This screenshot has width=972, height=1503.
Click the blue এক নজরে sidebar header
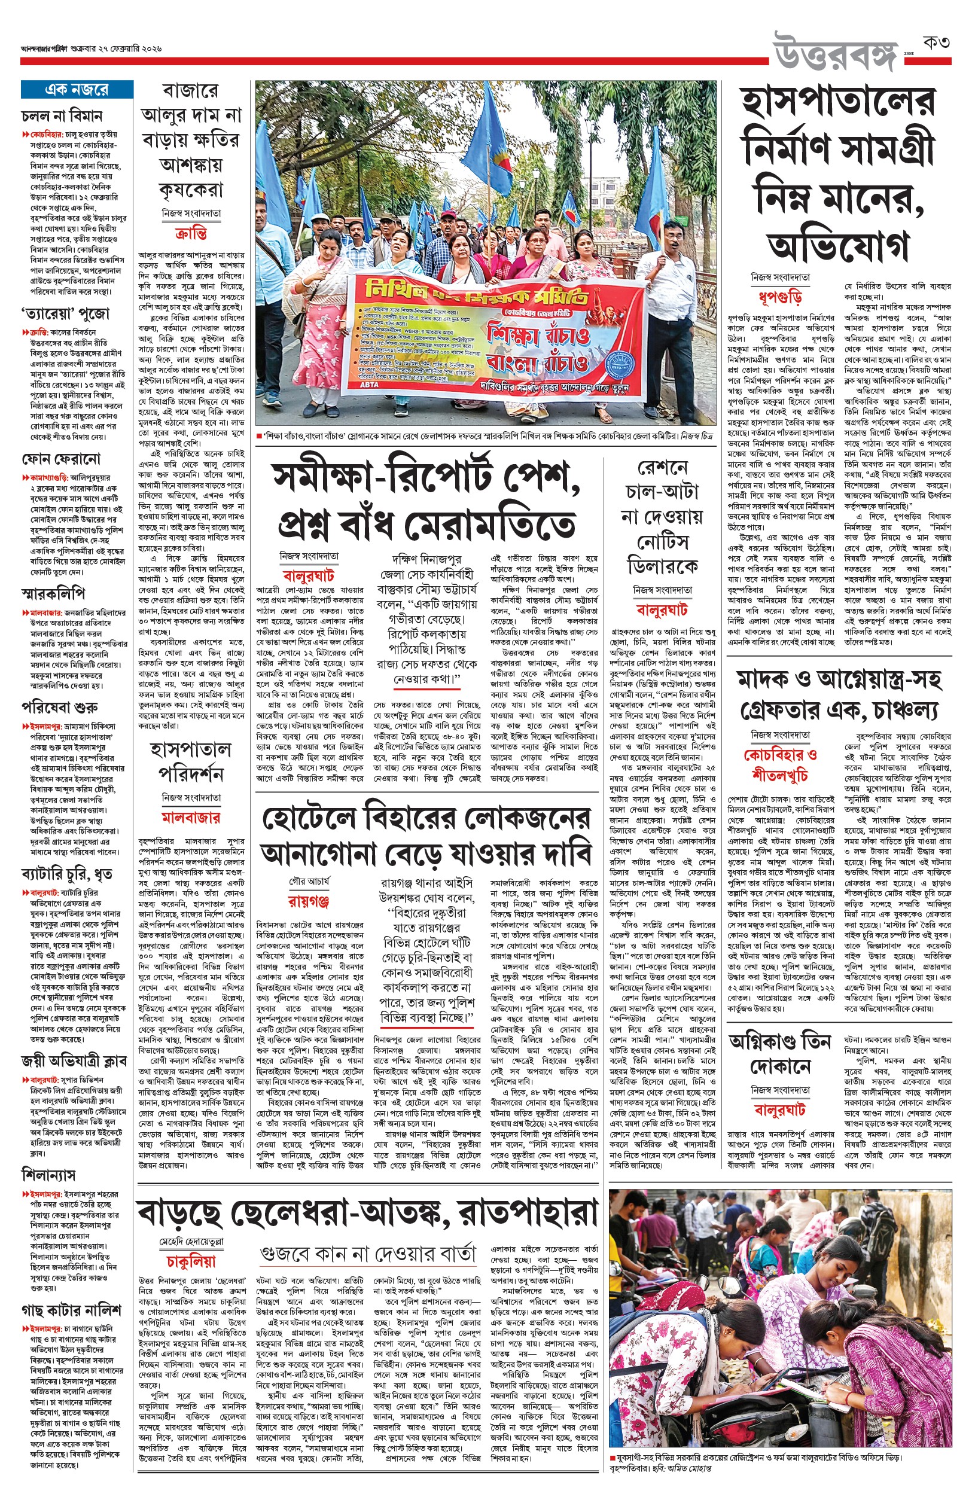point(77,90)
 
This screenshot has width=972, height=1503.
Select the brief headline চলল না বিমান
point(62,116)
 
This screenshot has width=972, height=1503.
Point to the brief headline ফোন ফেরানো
point(60,459)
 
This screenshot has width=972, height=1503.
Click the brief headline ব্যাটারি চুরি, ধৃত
point(67,874)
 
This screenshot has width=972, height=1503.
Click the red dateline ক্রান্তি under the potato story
point(191,233)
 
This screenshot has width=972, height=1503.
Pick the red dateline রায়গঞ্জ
point(309,900)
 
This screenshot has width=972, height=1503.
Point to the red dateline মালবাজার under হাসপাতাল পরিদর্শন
point(191,818)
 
